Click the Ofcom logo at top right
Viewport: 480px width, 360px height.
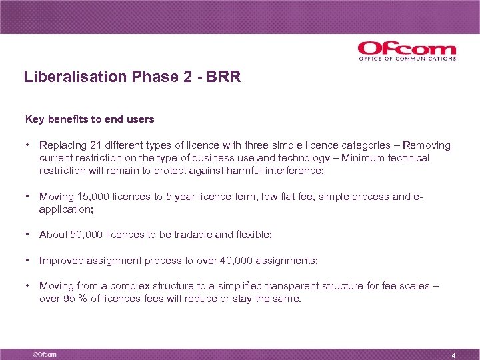coord(407,49)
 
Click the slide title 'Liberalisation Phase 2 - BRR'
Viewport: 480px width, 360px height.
coord(132,77)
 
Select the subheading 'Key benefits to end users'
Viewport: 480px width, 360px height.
coord(89,119)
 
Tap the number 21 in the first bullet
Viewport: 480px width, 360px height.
coord(93,145)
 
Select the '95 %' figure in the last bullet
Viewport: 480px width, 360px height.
coord(74,299)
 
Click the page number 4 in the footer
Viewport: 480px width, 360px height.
coord(453,355)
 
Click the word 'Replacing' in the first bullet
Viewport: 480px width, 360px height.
coord(61,145)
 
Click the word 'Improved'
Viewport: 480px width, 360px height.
coord(61,260)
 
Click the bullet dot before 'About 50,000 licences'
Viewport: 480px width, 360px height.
coord(28,235)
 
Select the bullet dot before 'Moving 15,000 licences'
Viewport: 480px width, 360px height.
coord(28,197)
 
